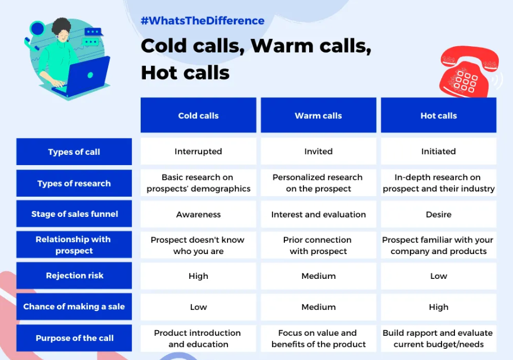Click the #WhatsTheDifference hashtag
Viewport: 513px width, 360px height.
pos(202,21)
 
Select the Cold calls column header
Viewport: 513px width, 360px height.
pos(198,115)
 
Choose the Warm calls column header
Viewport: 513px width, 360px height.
pos(318,115)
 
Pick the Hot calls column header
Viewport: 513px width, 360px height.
pos(439,115)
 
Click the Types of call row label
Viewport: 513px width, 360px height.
pos(74,152)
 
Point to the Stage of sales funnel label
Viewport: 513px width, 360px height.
pos(74,214)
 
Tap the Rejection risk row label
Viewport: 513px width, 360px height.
pos(74,275)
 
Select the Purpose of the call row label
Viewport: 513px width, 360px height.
pos(74,338)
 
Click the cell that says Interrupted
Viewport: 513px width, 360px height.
pos(198,152)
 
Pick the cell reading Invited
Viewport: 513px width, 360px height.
pos(318,152)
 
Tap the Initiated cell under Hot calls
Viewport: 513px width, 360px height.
pos(439,152)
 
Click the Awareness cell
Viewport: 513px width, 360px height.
pos(198,214)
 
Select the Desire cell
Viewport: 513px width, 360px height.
pos(439,214)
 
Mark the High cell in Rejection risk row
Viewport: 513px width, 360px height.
pos(198,276)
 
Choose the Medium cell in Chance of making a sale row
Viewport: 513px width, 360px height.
pos(318,307)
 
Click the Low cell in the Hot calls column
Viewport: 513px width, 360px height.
pos(439,276)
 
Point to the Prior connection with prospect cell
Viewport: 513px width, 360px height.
pos(318,245)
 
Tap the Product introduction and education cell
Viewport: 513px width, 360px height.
pos(198,338)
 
